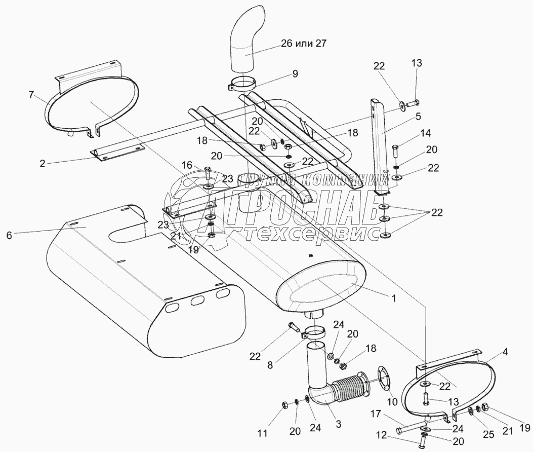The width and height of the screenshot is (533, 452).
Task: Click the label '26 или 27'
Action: tap(302, 44)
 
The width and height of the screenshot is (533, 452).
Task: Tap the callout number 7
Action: tap(31, 95)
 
